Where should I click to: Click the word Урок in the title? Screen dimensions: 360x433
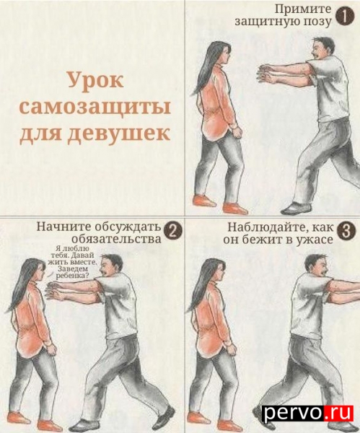(95, 80)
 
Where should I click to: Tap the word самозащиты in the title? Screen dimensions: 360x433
(95, 107)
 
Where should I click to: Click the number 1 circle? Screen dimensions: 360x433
(345, 17)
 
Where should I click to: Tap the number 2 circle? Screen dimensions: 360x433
(173, 231)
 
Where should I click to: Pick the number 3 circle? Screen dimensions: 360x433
(345, 231)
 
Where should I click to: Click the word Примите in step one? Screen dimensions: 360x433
(303, 9)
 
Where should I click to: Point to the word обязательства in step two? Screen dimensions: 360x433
(116, 239)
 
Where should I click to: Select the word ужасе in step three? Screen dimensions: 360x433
(314, 240)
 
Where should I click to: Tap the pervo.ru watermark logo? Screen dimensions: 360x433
(307, 413)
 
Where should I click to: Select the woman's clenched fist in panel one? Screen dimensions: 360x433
(237, 133)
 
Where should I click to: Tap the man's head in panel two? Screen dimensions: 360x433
(110, 267)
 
